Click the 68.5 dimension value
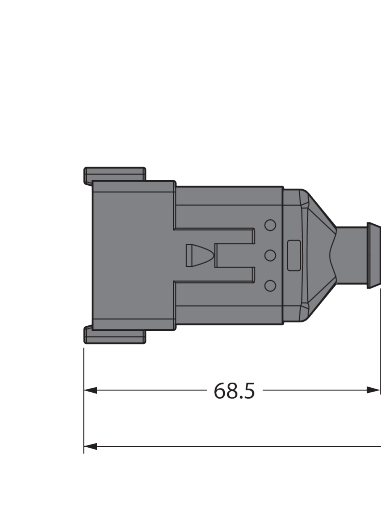234,391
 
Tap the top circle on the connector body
270,225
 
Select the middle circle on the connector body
270,255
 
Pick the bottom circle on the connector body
270,286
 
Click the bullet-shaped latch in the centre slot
198,255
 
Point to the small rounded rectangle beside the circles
294,255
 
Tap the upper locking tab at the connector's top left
115,176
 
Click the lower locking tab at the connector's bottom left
115,335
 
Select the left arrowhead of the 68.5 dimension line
90,390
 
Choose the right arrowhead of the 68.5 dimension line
373,390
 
